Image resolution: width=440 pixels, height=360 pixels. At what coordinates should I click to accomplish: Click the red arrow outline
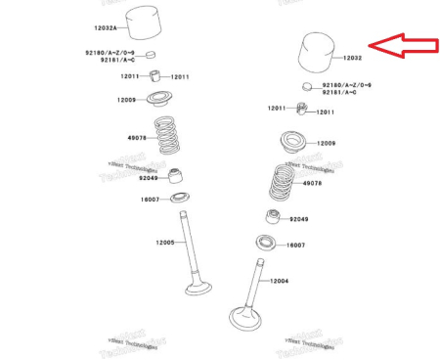(402, 45)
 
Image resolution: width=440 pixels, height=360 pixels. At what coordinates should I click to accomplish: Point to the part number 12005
(165, 242)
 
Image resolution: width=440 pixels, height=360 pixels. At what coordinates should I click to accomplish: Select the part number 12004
(279, 281)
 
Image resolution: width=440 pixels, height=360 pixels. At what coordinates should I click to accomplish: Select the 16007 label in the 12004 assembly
(296, 245)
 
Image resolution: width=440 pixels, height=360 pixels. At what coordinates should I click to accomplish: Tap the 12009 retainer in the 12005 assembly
(159, 98)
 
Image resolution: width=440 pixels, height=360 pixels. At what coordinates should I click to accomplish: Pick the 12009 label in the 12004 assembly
(326, 144)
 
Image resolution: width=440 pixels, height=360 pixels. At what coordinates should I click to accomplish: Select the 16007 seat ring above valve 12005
(181, 199)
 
